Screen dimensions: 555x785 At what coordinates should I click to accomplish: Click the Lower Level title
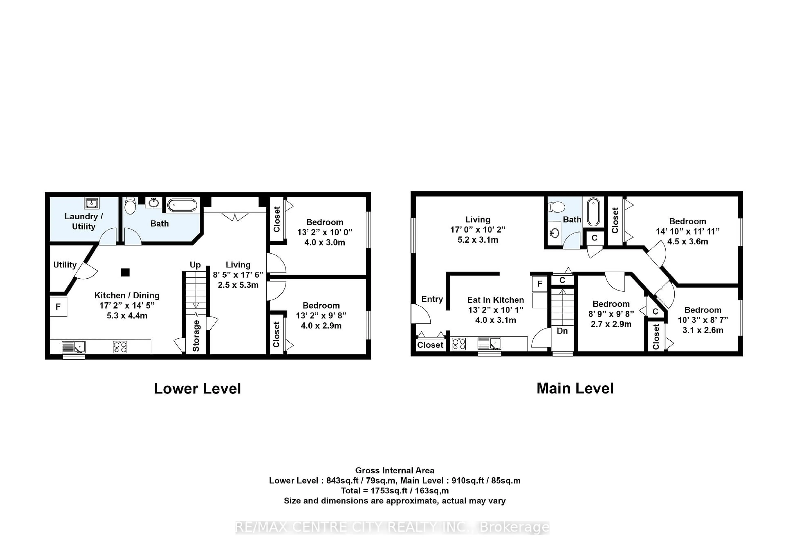click(x=197, y=389)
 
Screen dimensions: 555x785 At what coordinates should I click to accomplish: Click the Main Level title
click(x=575, y=389)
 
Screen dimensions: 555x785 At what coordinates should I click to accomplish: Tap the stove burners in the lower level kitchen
click(x=120, y=347)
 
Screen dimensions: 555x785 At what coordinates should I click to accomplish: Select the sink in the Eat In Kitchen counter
click(x=489, y=343)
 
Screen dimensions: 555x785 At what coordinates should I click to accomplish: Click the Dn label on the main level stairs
click(x=562, y=331)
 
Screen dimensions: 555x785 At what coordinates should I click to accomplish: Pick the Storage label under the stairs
click(x=196, y=336)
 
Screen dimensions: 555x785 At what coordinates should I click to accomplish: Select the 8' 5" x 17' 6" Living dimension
click(x=238, y=275)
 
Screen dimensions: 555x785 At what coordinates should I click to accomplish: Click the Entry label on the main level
click(x=432, y=299)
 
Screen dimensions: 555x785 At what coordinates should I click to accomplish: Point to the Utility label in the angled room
click(x=65, y=265)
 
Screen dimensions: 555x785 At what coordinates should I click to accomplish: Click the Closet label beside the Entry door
click(x=430, y=345)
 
